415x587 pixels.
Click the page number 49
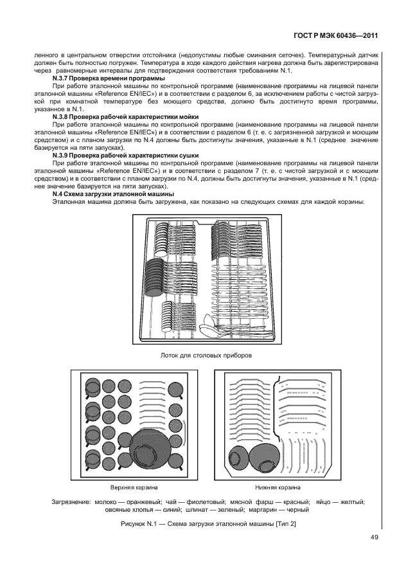pos(374,537)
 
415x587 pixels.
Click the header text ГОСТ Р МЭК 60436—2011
pos(335,36)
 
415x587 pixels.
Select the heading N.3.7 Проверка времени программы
pos(109,78)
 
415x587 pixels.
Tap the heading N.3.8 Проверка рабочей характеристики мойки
pos(125,117)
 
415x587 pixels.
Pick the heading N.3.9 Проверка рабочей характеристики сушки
pos(125,156)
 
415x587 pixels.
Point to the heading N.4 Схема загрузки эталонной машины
pos(113,194)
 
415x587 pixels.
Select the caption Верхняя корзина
pos(134,487)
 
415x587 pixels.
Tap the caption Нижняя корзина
pos(278,487)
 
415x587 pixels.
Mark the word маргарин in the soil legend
pos(260,509)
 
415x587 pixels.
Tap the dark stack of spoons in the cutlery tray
pos(154,276)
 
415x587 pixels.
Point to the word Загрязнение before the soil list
pos(71,501)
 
